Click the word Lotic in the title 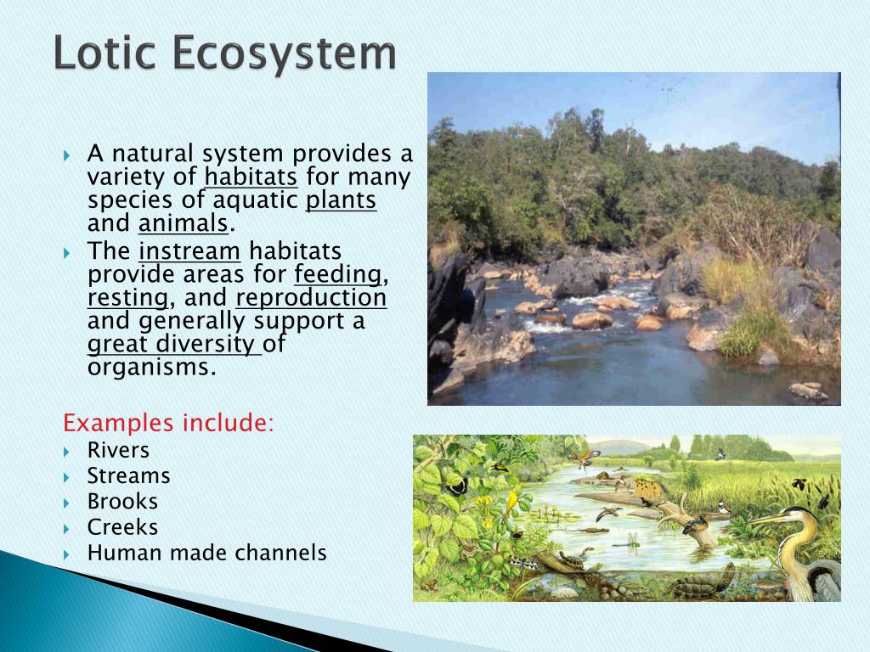click(105, 52)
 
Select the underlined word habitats click(251, 177)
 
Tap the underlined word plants click(341, 200)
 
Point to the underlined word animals click(184, 223)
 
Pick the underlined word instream click(189, 251)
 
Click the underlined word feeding click(338, 275)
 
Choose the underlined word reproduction click(311, 298)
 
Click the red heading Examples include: click(169, 423)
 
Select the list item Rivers click(118, 450)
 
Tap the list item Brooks click(122, 501)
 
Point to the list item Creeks click(122, 526)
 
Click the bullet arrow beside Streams click(66, 477)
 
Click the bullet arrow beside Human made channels click(66, 554)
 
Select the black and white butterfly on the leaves click(456, 486)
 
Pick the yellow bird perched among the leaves click(511, 505)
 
